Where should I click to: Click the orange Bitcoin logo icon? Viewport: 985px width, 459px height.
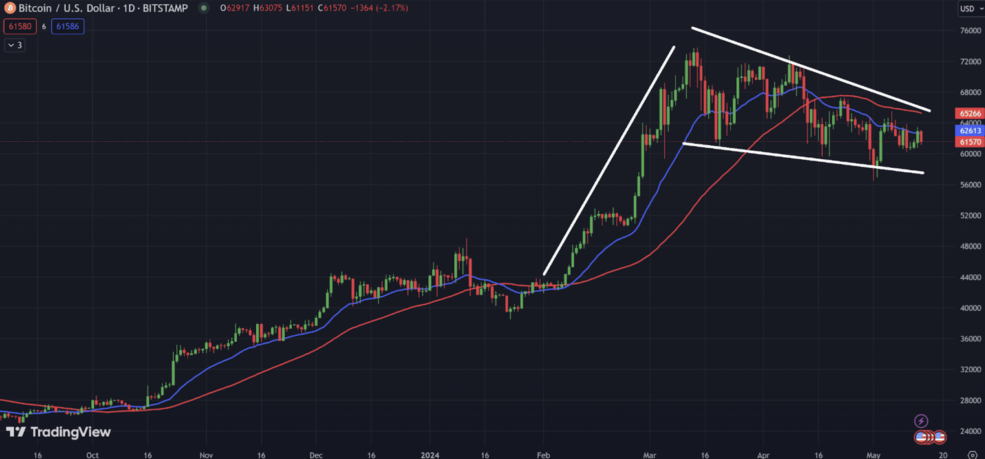coord(10,8)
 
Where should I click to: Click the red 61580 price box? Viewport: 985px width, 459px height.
coord(20,26)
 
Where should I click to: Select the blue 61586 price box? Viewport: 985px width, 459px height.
coord(68,26)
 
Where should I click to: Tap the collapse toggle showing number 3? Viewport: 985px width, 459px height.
coord(15,45)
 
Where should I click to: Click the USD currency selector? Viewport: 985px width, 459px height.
coord(970,8)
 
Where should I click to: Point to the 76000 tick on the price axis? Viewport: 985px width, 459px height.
coord(970,31)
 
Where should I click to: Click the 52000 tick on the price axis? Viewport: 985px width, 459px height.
coord(970,215)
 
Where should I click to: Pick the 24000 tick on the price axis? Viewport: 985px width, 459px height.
coord(970,431)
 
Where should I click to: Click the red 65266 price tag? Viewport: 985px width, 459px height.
coord(970,114)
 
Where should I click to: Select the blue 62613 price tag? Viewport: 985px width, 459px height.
coord(970,131)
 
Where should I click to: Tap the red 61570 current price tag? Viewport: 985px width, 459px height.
coord(970,142)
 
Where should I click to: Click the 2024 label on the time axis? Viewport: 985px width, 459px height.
coord(429,455)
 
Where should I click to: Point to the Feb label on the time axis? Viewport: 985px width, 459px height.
coord(543,455)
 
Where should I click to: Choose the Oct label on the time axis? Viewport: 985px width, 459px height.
coord(92,455)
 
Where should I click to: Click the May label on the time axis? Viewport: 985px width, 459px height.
coord(873,455)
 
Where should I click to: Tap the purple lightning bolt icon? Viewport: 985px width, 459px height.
coord(921,421)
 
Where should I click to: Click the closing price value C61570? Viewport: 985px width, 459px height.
coord(332,8)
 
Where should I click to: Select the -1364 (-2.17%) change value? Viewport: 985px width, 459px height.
coord(379,8)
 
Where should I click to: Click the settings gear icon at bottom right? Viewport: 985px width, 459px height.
coord(972,455)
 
